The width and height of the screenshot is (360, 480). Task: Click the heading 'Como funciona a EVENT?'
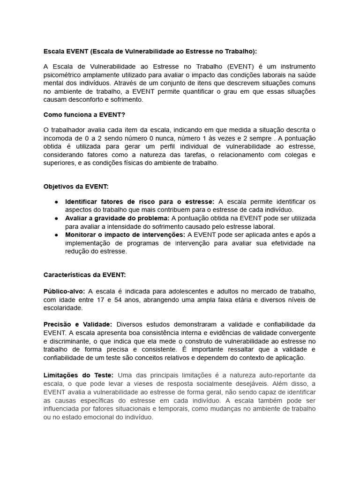click(84, 114)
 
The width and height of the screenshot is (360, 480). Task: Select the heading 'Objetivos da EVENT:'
click(76, 186)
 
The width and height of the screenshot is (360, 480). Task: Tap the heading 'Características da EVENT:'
click(85, 275)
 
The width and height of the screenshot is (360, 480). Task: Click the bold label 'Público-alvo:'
click(64, 291)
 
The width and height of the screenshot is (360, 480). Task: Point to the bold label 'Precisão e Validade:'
click(78, 324)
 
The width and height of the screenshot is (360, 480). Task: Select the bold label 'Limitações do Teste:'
click(78, 375)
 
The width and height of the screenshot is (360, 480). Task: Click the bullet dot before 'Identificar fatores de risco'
click(56, 202)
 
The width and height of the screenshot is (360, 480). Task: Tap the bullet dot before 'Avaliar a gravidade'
click(56, 218)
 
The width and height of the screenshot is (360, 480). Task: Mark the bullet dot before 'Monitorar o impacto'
click(56, 235)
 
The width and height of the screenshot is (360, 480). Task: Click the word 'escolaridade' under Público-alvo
click(62, 308)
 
